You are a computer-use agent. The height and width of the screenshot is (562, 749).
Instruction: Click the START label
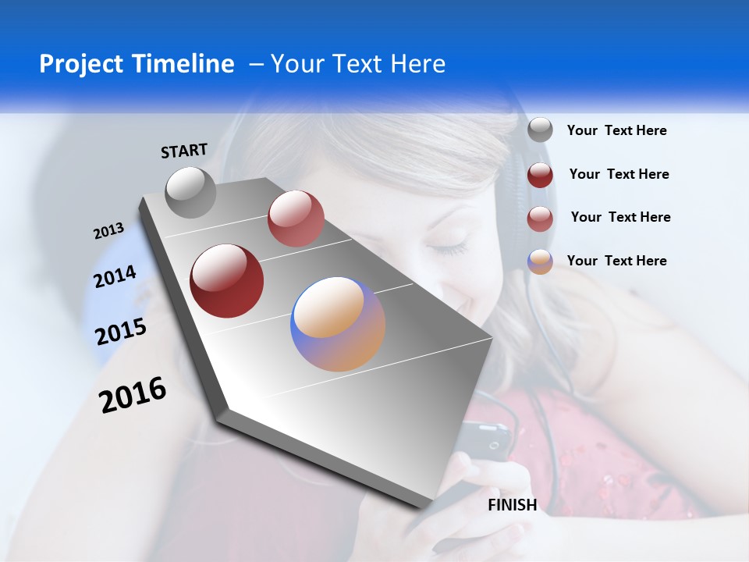(184, 151)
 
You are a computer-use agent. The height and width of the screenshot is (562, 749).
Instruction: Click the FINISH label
(513, 505)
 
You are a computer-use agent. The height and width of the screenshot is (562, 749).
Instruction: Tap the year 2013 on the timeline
(108, 231)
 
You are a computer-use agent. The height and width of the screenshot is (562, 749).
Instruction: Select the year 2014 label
(115, 277)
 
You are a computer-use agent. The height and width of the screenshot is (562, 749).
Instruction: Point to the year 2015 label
(121, 332)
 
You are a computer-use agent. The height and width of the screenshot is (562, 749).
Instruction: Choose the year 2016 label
(133, 395)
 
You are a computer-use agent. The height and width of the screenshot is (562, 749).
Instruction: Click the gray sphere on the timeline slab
(191, 192)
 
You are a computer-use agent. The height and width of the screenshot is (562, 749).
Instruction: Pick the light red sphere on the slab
(296, 219)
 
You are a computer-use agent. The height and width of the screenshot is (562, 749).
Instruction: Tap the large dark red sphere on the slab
(227, 281)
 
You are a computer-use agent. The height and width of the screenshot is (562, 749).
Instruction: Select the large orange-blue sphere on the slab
(338, 324)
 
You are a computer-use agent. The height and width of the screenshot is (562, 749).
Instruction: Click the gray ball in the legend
(540, 130)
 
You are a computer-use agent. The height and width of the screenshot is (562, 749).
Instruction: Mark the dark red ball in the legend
(540, 175)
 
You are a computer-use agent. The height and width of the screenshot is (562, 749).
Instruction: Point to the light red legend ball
(540, 218)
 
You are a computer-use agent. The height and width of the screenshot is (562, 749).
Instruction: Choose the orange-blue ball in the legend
(540, 261)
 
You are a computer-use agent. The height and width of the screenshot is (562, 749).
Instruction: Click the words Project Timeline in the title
(137, 64)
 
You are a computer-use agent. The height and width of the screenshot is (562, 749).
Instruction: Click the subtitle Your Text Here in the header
(358, 64)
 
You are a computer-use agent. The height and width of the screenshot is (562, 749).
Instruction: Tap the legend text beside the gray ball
(616, 131)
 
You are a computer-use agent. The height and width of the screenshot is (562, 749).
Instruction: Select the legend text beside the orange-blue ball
(616, 261)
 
